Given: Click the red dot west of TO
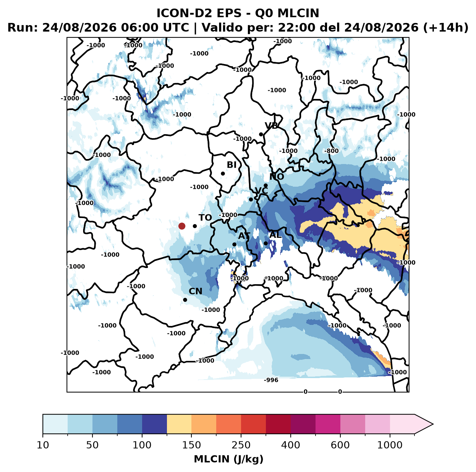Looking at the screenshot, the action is coord(182,226).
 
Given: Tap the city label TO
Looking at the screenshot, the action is coord(205,218).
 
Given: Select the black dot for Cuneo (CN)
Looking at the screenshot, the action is coord(185,300).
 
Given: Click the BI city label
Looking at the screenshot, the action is coord(231,165).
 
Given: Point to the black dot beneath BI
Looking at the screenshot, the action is coord(223,174).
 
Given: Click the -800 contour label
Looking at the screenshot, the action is coord(331,151).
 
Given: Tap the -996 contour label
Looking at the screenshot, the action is coord(271,380).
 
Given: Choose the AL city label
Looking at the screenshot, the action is coord(276,235).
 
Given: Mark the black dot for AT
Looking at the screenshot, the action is coord(234,245).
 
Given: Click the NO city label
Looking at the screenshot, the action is coord(276,177).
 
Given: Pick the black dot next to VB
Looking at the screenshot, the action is coord(261,134).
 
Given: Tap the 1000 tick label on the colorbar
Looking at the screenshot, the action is coord(390,445).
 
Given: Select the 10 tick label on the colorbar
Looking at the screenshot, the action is coord(43,445).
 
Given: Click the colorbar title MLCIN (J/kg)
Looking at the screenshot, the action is coord(228,459).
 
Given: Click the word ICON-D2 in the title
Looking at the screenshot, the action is coord(184,13).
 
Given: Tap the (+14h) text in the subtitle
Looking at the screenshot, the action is coord(446,28).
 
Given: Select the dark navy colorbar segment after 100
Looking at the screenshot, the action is coord(154,424).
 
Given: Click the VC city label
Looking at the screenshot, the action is coord(261,190).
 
